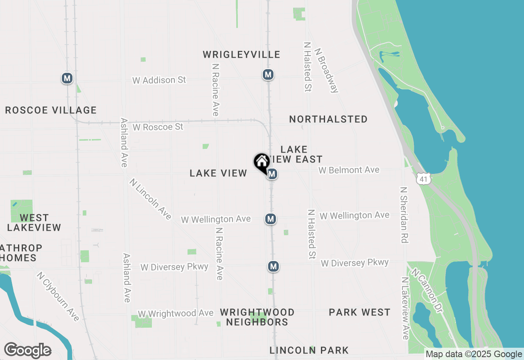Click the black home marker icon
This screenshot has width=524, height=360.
pos(262,162)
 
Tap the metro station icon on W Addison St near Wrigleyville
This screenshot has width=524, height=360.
pos(268,74)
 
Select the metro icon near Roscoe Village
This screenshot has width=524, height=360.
pos(67,78)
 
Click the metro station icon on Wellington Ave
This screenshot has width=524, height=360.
pos(270,219)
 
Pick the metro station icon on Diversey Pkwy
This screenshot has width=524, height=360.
pos(273,267)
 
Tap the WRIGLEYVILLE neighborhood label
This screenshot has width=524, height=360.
pos(242,55)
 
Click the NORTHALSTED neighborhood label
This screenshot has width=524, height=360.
pos(328,119)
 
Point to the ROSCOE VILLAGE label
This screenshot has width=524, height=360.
pos(51,110)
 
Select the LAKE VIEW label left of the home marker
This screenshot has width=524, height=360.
pos(218,173)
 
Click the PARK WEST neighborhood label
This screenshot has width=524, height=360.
pos(359,313)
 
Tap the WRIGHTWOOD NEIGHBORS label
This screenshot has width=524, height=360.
pos(257,317)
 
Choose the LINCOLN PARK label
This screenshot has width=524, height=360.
pos(309,350)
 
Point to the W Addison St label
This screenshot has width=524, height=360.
pos(159,80)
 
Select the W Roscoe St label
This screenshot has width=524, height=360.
pos(158,127)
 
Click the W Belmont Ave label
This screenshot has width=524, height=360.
pos(349,170)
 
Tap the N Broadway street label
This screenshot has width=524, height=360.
pos(326,70)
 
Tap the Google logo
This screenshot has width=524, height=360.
pos(27,351)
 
